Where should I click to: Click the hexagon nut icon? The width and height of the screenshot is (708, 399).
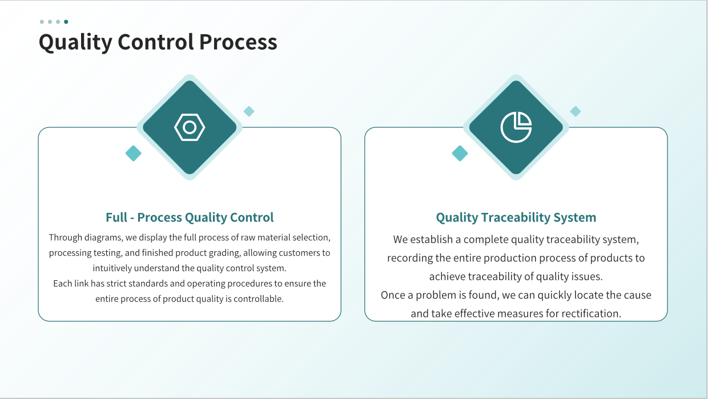(190, 127)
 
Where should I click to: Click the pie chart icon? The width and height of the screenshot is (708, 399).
(516, 127)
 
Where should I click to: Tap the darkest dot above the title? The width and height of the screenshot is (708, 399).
(66, 22)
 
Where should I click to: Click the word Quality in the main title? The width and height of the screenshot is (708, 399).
(75, 42)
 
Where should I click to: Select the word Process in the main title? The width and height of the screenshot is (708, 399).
(238, 42)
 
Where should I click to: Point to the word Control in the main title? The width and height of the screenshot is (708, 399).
(156, 42)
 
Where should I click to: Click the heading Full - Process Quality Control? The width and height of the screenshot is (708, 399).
(190, 217)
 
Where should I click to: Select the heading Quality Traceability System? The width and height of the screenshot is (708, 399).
(516, 217)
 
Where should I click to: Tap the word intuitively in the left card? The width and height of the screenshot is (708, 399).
(112, 268)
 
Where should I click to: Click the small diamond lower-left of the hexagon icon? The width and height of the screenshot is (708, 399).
(134, 153)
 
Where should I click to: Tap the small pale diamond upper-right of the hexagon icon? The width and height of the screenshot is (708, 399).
(249, 111)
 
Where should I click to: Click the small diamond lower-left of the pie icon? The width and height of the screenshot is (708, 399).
(460, 153)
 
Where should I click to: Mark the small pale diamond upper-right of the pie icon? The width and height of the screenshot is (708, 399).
(576, 111)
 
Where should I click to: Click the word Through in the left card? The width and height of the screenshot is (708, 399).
(66, 237)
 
